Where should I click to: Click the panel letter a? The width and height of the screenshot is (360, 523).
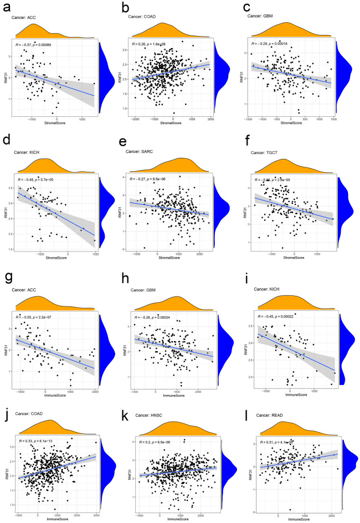pyautogui.click(x=7, y=8)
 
